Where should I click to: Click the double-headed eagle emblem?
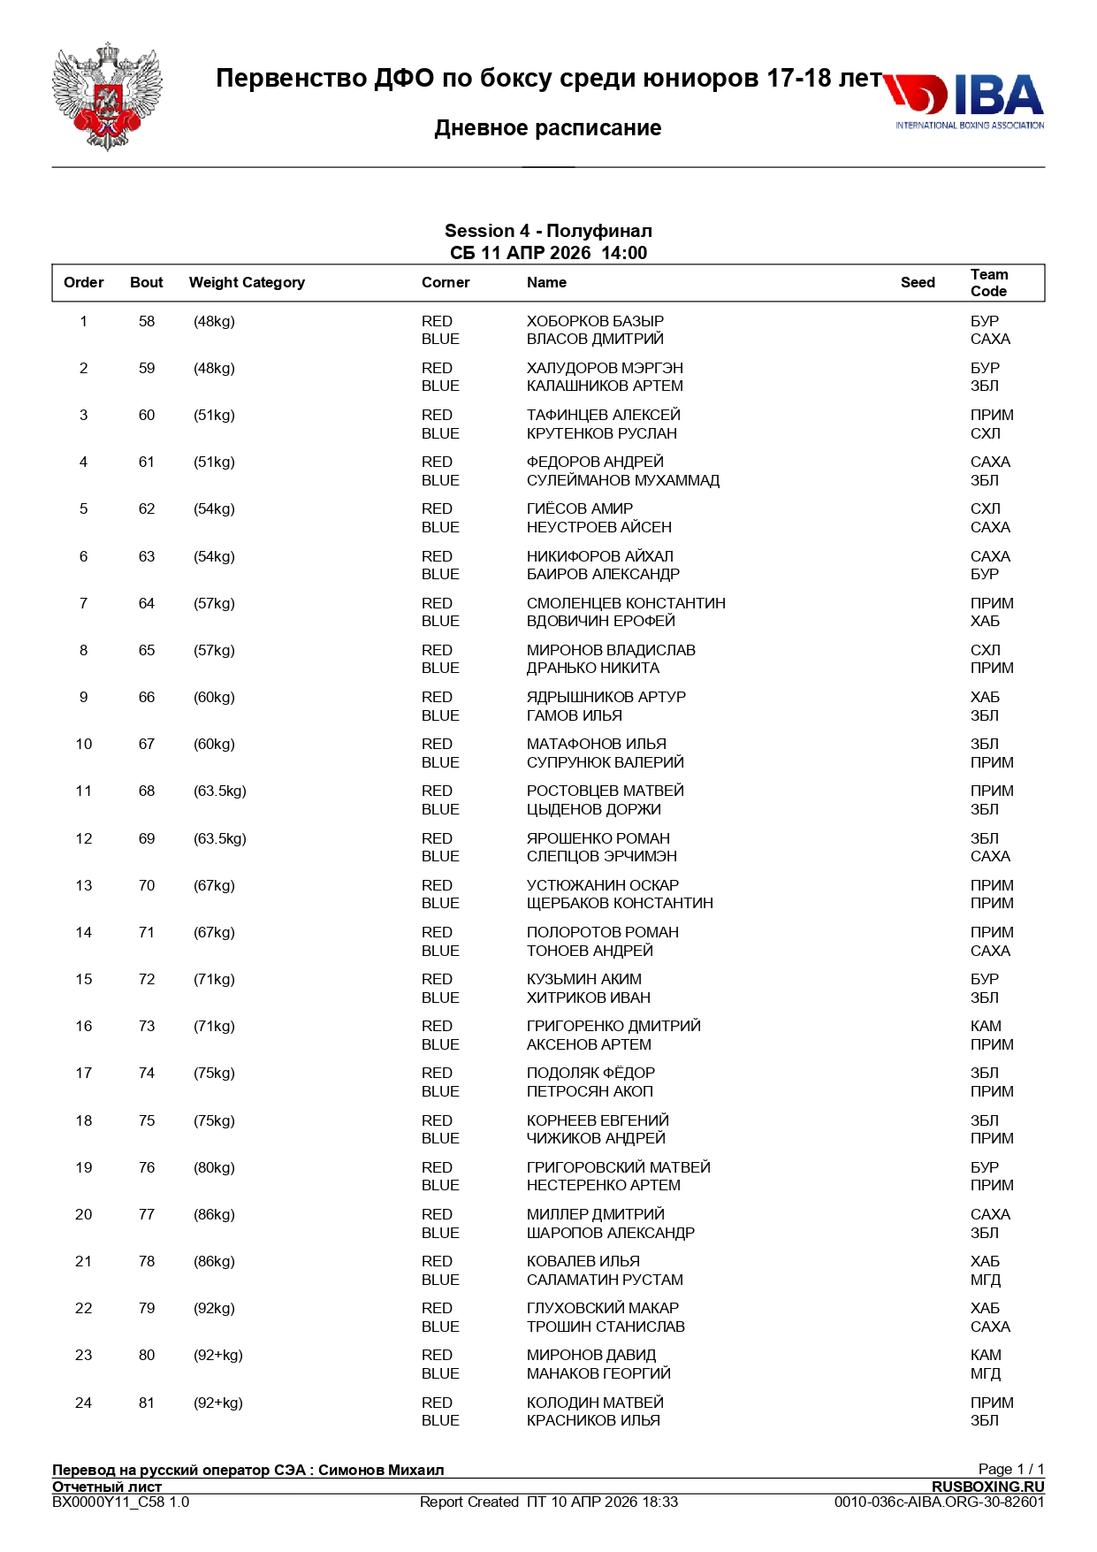[x=107, y=96]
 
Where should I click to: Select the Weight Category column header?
[x=247, y=283]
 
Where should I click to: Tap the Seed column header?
[x=918, y=283]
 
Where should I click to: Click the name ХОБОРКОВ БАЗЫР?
[x=595, y=322]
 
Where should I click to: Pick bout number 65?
[x=147, y=651]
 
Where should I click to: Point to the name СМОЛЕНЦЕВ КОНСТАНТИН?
[x=626, y=604]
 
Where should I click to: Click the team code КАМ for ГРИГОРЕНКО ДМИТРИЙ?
[x=986, y=1027]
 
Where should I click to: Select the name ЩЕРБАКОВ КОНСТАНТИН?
[x=620, y=904]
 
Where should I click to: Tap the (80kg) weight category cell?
[x=214, y=1168]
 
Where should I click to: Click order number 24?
[x=84, y=1403]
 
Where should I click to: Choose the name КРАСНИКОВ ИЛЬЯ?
[x=593, y=1421]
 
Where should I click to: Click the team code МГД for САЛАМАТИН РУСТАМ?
[x=986, y=1281]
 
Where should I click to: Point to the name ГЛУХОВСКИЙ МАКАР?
[x=603, y=1309]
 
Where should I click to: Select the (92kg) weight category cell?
[x=214, y=1309]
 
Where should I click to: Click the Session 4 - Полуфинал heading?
[x=548, y=232]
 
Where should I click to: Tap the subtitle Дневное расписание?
[x=548, y=128]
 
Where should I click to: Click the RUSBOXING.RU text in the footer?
[x=987, y=1487]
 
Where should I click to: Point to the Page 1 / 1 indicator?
[x=1010, y=1470]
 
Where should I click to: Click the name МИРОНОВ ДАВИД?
[x=591, y=1356]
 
